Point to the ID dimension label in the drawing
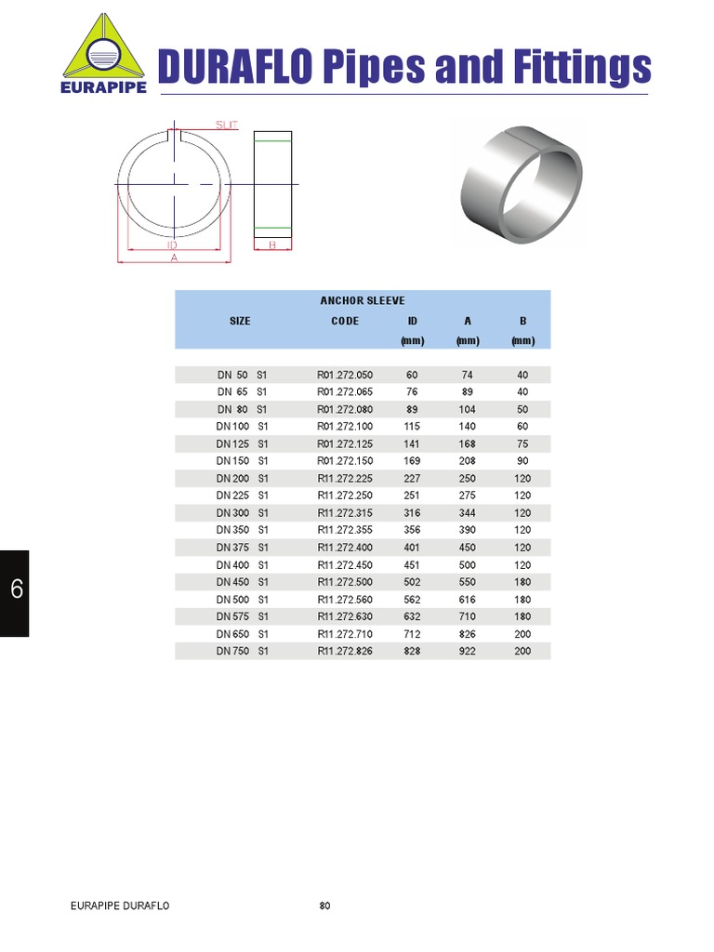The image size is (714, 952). click(x=172, y=245)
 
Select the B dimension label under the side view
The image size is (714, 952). click(x=272, y=245)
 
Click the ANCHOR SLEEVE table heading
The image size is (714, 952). click(x=363, y=301)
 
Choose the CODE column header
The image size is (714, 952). click(x=345, y=321)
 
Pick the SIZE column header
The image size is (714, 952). click(x=240, y=321)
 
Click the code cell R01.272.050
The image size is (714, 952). click(x=345, y=375)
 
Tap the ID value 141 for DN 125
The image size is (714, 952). click(x=412, y=444)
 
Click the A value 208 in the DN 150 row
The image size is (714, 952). click(x=467, y=461)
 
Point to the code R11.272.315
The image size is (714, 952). click(x=345, y=513)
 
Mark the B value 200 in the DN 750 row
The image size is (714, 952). click(x=522, y=652)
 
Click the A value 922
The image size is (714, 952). click(x=467, y=652)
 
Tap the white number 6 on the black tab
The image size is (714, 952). click(x=16, y=590)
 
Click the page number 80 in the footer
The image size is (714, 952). click(x=324, y=906)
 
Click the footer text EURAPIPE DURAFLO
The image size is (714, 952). click(x=120, y=906)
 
